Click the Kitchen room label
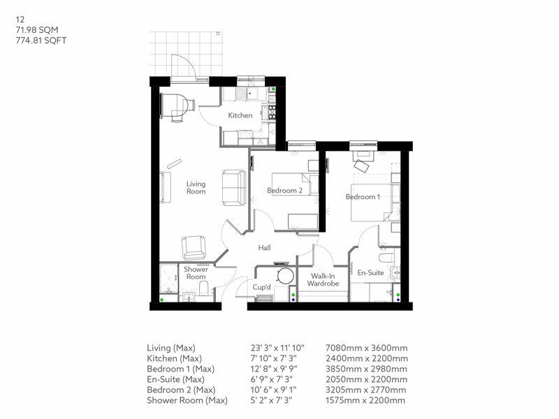(240, 115)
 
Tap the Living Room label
(196, 188)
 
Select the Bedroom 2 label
(284, 190)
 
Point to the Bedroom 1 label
(363, 197)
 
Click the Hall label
(264, 247)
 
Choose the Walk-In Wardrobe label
(324, 280)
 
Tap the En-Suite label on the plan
(370, 272)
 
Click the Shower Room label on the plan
(196, 273)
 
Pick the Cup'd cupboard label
(262, 286)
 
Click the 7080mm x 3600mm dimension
(366, 348)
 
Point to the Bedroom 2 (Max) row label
(180, 390)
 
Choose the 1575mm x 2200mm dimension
(366, 400)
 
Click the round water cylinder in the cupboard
(284, 276)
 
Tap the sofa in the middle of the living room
(233, 186)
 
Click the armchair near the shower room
(194, 247)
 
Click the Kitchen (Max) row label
(175, 358)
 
